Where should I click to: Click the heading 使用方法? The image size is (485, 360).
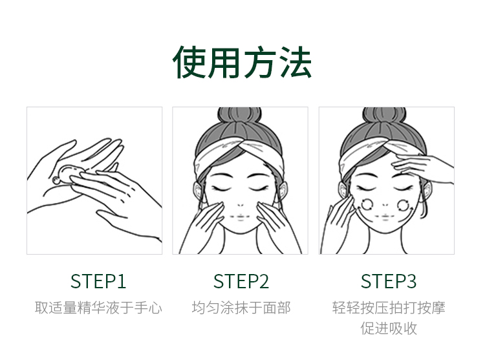(x=242, y=62)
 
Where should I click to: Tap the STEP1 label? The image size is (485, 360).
(x=98, y=281)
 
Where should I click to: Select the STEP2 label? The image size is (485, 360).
(x=241, y=281)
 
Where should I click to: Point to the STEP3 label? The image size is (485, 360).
(x=389, y=281)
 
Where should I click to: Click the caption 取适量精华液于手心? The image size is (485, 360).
(x=98, y=308)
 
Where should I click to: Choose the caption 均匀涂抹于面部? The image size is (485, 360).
(x=241, y=308)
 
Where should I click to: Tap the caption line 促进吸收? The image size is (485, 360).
(x=389, y=328)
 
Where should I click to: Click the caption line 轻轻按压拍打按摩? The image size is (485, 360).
(x=389, y=308)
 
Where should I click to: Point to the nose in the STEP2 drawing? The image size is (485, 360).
(x=241, y=205)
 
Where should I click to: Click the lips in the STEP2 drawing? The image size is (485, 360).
(x=241, y=217)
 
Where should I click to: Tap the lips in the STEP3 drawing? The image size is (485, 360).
(x=385, y=217)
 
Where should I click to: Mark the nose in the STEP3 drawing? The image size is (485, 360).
(x=385, y=205)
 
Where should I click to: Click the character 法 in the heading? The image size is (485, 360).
(x=296, y=62)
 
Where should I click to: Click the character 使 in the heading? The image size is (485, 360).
(x=189, y=62)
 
